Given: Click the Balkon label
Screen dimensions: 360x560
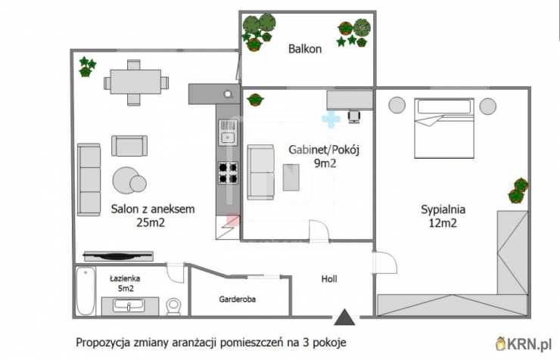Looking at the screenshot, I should click(305, 49).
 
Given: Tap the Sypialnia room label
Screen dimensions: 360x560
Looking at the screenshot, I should click(443, 210).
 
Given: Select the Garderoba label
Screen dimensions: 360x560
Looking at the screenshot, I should click(238, 299).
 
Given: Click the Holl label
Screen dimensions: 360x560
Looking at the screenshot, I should click(329, 279).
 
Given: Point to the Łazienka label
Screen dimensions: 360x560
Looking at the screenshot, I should click(123, 278).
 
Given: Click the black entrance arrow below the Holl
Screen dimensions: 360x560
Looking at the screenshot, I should click(345, 318).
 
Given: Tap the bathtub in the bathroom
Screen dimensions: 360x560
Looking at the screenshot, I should click(86, 292).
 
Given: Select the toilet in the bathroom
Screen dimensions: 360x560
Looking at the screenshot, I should click(174, 306).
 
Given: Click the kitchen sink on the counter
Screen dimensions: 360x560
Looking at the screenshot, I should click(227, 137).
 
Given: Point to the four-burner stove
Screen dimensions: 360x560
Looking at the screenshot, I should click(228, 173).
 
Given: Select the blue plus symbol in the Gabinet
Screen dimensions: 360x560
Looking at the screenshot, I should click(331, 119).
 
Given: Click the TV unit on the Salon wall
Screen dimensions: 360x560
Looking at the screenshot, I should click(117, 256).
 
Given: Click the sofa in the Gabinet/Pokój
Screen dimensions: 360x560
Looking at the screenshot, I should click(261, 172).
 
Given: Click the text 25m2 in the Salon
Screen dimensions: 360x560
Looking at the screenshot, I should click(151, 224).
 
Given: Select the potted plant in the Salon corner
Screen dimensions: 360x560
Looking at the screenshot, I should click(87, 67).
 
